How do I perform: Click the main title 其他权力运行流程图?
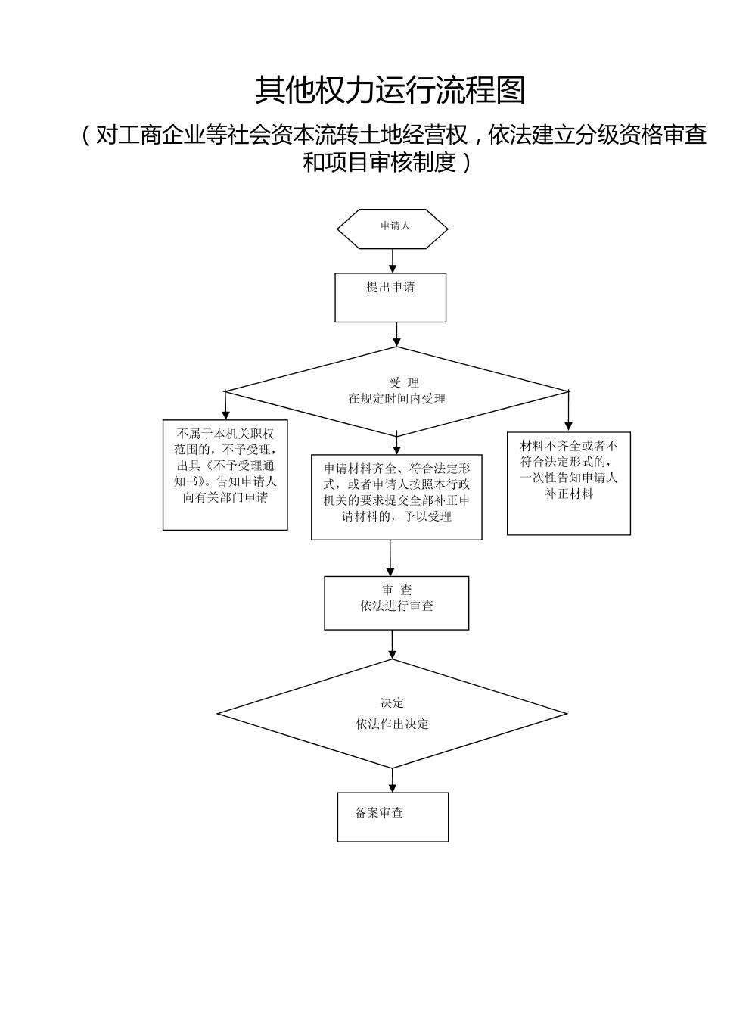[x=390, y=90]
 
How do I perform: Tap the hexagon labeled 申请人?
[x=392, y=229]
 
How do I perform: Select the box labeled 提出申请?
[x=390, y=297]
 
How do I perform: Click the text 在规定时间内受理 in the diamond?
[x=396, y=398]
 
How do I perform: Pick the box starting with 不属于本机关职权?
[x=225, y=475]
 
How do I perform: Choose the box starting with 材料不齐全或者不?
[x=568, y=483]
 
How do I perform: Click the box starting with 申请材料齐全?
[x=396, y=497]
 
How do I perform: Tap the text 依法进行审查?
[x=396, y=606]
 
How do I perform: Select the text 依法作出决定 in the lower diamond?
[x=392, y=724]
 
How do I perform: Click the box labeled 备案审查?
[x=393, y=817]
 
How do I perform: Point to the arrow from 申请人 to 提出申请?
[x=392, y=260]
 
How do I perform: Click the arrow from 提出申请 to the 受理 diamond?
[x=396, y=334]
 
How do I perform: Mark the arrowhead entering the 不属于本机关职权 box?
[x=225, y=415]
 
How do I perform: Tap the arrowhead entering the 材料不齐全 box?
[x=568, y=425]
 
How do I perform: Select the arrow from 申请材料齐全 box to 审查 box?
[x=390, y=558]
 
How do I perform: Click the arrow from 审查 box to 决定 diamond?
[x=393, y=644]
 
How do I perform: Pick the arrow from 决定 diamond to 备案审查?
[x=392, y=780]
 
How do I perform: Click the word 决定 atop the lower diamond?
[x=392, y=703]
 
